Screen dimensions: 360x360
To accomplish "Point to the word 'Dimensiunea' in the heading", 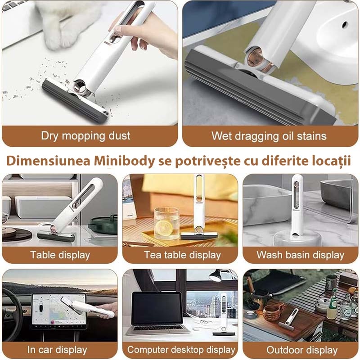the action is pos(49,161).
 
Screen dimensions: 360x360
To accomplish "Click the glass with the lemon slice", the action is pos(166,223).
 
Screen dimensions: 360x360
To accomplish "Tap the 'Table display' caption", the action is pos(60,255).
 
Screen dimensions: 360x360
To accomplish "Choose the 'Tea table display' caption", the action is pos(182,255).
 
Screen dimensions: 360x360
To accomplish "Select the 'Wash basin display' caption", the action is pos(300,255).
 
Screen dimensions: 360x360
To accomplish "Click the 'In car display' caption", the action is pos(57,350).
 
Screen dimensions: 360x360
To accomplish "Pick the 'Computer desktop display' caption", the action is pos(181,350).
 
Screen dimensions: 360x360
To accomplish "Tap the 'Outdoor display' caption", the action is pos(302,350).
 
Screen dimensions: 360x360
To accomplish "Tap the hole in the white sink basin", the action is pos(344,24).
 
